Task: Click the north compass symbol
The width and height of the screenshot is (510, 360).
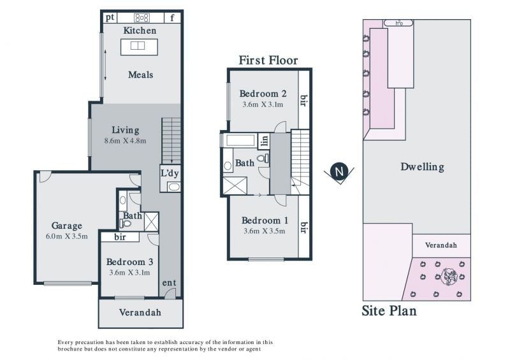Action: (x=339, y=171)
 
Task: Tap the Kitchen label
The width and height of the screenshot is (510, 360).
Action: (x=140, y=31)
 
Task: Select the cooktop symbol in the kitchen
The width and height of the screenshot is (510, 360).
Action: (x=142, y=18)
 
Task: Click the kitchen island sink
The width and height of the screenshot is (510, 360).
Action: (x=138, y=45)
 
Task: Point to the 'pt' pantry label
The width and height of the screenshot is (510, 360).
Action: (x=110, y=18)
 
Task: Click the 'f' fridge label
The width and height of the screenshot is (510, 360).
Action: (x=172, y=18)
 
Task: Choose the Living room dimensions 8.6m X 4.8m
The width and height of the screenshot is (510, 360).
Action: (x=125, y=141)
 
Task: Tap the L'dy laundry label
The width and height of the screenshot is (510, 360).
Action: (x=170, y=173)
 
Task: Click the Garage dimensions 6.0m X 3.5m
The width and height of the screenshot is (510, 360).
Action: (x=67, y=236)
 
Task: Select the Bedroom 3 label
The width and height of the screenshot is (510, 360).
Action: (x=129, y=262)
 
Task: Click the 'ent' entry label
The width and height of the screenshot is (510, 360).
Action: (x=169, y=283)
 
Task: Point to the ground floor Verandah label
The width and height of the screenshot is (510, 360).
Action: (x=140, y=312)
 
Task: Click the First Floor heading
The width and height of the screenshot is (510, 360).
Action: (x=268, y=61)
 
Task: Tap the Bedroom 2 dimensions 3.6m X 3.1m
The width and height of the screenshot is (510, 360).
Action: (x=263, y=104)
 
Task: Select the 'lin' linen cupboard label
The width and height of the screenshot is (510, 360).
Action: (x=265, y=140)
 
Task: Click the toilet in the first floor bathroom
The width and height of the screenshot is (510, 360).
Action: (x=263, y=159)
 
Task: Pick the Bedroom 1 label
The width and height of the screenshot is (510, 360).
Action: (x=265, y=220)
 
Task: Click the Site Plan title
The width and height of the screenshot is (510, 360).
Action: (x=389, y=310)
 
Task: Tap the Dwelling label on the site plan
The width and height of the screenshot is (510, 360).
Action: (x=422, y=167)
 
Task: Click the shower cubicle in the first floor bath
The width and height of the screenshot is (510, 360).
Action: (x=235, y=185)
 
